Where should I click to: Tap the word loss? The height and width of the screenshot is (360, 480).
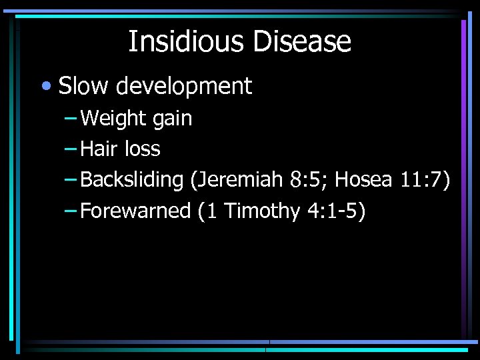coord(143,149)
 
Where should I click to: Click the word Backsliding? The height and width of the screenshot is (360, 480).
coord(131,180)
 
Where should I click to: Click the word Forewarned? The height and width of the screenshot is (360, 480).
coord(135,211)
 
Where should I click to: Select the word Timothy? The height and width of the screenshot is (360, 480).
coord(263,211)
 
